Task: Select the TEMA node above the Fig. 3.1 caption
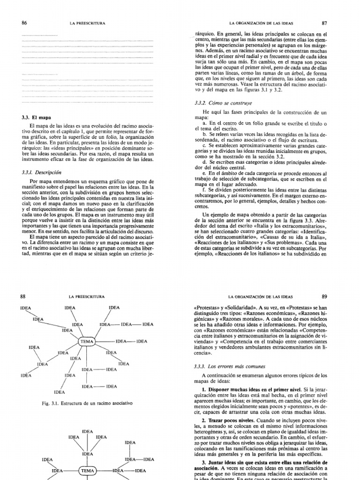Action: point(87,341)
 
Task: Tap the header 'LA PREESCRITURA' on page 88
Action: point(87,297)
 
